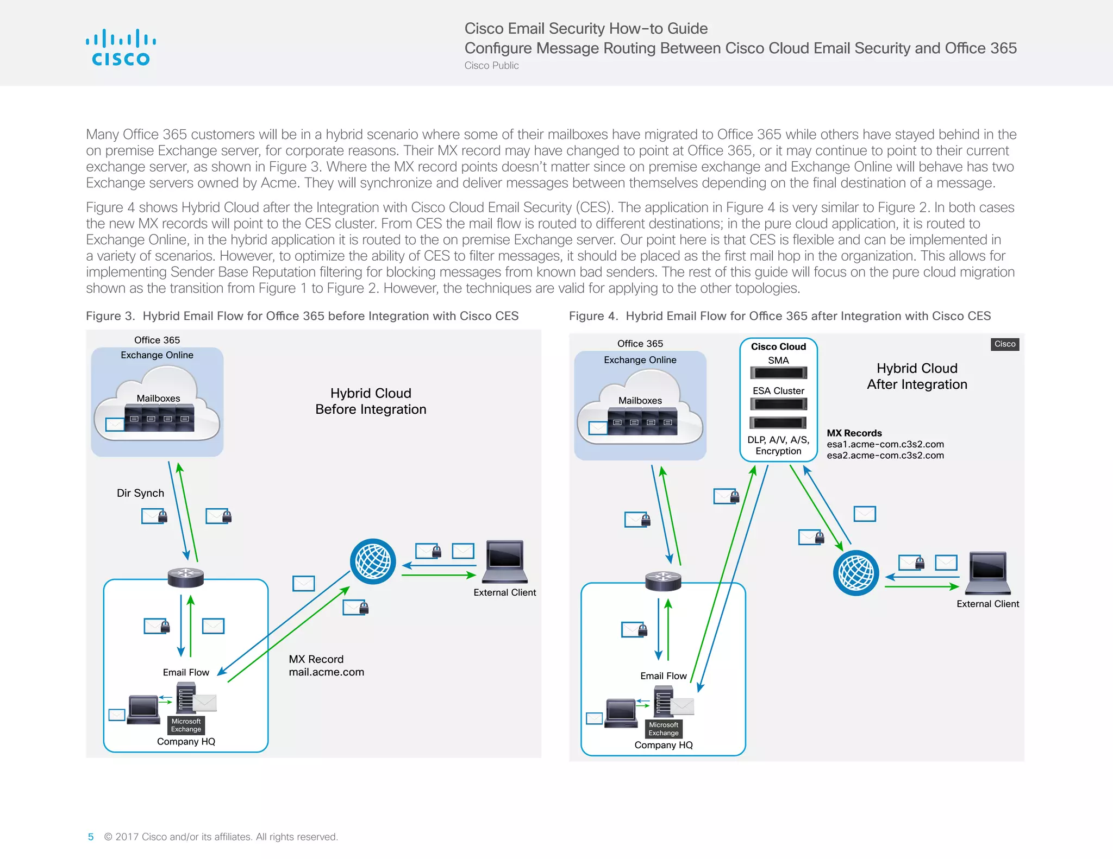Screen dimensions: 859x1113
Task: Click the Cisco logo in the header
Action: pos(121,48)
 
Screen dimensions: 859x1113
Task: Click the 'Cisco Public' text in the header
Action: pos(491,66)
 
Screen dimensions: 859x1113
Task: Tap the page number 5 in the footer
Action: pos(91,837)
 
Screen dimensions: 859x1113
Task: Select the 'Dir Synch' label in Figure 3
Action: pos(140,493)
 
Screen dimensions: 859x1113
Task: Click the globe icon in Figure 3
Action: pos(373,561)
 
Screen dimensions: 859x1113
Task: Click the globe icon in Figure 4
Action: pos(856,573)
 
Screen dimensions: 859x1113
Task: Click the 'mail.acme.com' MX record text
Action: pos(326,672)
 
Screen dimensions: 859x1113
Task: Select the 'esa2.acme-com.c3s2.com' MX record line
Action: pos(885,456)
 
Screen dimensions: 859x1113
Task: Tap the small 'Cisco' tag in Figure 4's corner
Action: pos(1005,344)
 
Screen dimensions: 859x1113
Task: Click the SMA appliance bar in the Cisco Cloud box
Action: pos(778,373)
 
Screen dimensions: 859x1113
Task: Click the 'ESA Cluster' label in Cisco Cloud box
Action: pos(778,391)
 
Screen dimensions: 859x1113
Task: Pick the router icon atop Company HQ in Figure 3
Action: pos(186,577)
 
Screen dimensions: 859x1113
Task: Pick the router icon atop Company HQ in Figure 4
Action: pos(663,580)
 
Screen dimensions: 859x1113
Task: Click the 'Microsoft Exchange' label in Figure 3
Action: pos(186,725)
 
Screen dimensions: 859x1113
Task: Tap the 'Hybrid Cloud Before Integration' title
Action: pos(371,401)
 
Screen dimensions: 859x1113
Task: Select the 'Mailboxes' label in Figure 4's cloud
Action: pos(640,401)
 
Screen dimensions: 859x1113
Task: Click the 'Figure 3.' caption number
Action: pos(110,316)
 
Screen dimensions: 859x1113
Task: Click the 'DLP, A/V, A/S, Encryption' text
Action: pos(778,445)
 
